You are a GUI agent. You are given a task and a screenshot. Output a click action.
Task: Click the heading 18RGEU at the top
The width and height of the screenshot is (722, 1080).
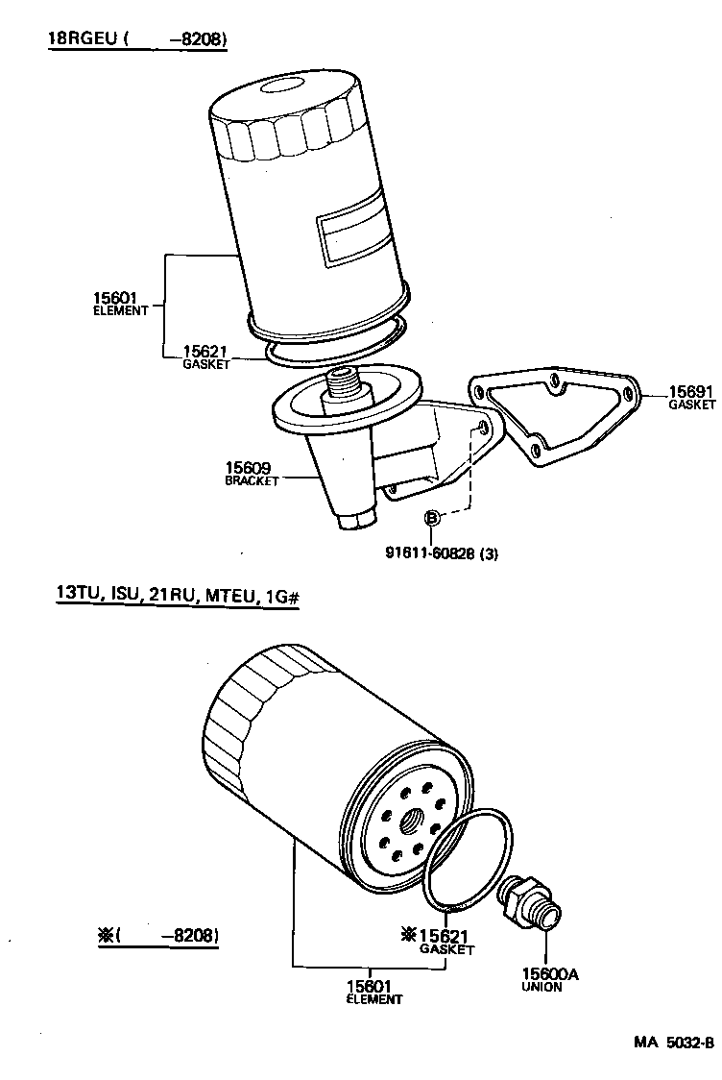tap(83, 39)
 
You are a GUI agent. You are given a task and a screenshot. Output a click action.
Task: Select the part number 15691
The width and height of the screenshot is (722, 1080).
tap(691, 392)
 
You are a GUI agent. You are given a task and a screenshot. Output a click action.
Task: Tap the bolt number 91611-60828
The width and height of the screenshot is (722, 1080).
tap(445, 552)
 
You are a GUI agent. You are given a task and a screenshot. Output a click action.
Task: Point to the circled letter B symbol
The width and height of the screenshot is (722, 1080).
tap(432, 519)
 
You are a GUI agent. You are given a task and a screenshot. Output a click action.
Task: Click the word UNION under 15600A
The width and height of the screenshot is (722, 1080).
tap(542, 987)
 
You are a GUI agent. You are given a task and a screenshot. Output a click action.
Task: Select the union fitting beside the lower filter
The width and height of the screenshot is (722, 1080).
tap(530, 902)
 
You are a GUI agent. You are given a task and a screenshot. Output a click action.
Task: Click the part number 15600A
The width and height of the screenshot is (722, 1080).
tap(550, 973)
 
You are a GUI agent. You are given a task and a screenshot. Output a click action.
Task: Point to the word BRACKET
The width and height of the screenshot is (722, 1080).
tap(252, 481)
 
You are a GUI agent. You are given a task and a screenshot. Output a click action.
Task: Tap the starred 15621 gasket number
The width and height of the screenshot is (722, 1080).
tap(443, 934)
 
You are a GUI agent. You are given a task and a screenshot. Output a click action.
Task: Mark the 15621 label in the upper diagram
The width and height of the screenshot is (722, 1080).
tap(207, 352)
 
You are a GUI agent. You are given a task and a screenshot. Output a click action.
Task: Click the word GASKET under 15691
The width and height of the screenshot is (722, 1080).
tap(692, 405)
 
